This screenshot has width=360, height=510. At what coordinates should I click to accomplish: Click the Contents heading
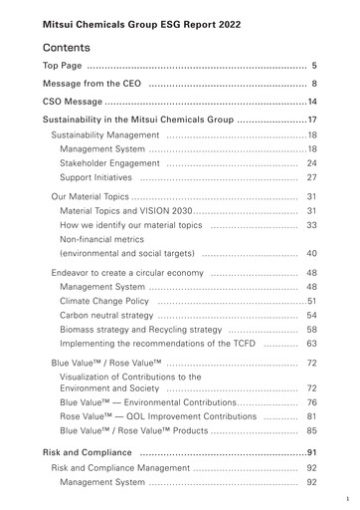pyautogui.click(x=67, y=47)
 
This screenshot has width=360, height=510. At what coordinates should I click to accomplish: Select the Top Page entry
pyautogui.click(x=64, y=66)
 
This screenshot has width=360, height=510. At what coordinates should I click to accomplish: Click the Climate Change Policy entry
pyautogui.click(x=104, y=301)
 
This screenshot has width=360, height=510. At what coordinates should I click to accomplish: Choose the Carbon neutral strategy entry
pyautogui.click(x=106, y=315)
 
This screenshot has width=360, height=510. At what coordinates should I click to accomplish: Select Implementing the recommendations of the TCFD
pyautogui.click(x=157, y=343)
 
